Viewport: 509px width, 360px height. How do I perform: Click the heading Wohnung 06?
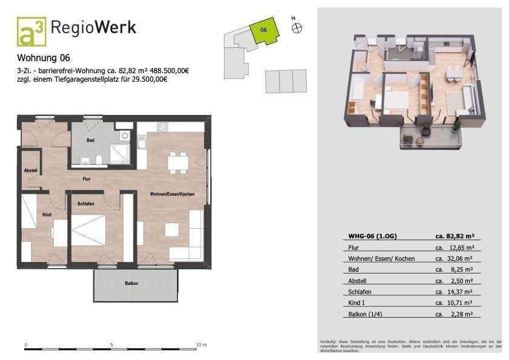44,59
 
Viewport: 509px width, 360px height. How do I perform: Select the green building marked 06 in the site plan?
264,31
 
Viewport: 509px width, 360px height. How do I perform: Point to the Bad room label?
90,140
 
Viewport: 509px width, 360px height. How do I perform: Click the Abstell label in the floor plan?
31,171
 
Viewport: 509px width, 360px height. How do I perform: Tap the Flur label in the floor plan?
87,179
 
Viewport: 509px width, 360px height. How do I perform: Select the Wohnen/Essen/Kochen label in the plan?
172,194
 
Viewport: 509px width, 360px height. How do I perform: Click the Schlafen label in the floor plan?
85,204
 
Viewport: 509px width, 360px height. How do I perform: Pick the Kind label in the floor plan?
46,215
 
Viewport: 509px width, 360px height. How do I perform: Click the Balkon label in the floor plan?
133,283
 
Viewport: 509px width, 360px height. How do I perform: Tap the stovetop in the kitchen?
163,127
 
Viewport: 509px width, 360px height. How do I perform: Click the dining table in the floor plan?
177,162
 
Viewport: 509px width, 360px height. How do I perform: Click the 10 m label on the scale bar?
202,344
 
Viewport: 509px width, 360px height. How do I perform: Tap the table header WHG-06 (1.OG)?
369,236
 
